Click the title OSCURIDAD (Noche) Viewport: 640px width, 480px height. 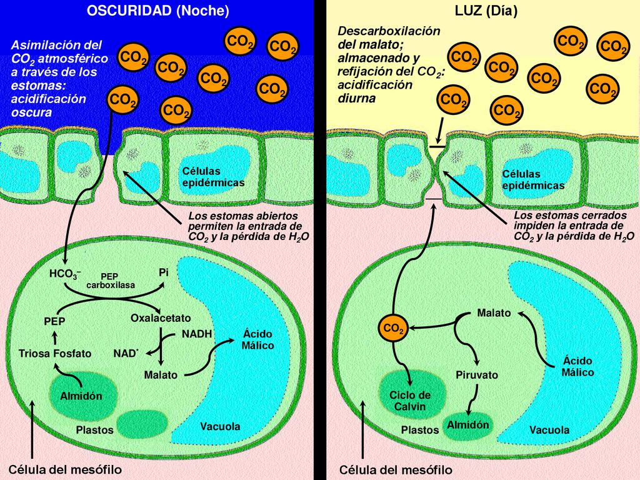pos(158,11)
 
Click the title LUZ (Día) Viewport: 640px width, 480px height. pos(486,11)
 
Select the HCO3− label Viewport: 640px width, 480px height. pos(65,274)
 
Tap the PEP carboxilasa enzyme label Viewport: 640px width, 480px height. pos(110,281)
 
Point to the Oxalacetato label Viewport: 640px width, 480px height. pos(161,318)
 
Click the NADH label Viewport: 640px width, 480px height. pos(197,334)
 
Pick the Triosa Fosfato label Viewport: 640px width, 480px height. pos(55,354)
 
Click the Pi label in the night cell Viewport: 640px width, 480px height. pos(164,272)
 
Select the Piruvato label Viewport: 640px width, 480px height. pos(477,375)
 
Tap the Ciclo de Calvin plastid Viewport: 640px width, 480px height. pos(410,395)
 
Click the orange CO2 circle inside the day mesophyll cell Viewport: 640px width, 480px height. pos(394,328)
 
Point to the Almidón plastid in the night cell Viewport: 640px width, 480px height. pos(81,396)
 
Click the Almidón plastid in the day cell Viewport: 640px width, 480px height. pos(467,425)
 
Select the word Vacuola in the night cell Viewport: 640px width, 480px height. pos(220,426)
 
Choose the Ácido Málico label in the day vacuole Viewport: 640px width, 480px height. pos(577,366)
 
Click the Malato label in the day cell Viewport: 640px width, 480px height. pos(494,313)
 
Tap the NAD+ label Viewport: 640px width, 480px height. pos(126,353)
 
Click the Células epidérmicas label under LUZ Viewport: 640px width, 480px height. pos(533,179)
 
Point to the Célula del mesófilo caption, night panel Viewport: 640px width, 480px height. pos(65,469)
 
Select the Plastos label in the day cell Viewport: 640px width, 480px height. pos(420,430)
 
